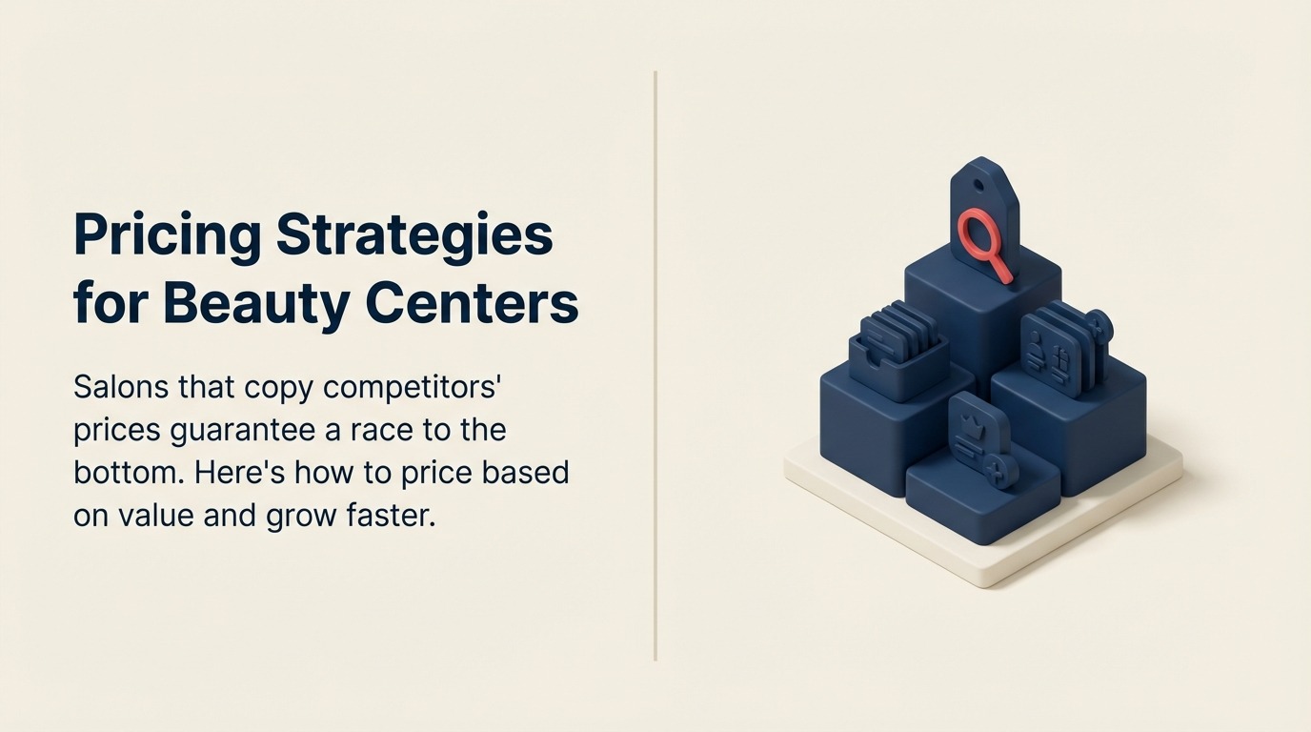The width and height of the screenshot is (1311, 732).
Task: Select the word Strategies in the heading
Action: click(x=414, y=235)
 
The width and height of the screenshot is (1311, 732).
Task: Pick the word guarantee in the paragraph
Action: click(x=242, y=431)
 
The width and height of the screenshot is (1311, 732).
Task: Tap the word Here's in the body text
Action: click(x=232, y=473)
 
